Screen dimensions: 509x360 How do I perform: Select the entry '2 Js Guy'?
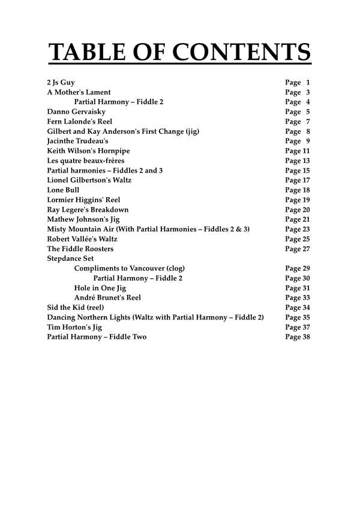[61, 83]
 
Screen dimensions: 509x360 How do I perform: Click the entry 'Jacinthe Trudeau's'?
[77, 141]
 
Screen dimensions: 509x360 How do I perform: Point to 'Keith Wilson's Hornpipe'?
[88, 151]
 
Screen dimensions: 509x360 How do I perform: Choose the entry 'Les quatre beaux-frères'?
[85, 161]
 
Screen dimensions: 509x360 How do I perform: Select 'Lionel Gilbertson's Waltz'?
[89, 180]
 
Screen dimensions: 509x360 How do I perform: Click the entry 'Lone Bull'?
[63, 190]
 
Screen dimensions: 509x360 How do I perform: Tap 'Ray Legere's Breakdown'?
[88, 210]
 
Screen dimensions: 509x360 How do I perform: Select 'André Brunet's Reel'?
[107, 298]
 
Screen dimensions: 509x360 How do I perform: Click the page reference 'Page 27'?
[298, 249]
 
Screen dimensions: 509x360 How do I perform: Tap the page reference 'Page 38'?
[298, 337]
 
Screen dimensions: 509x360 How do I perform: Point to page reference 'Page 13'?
[298, 161]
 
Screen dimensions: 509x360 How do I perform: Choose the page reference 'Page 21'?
[298, 219]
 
